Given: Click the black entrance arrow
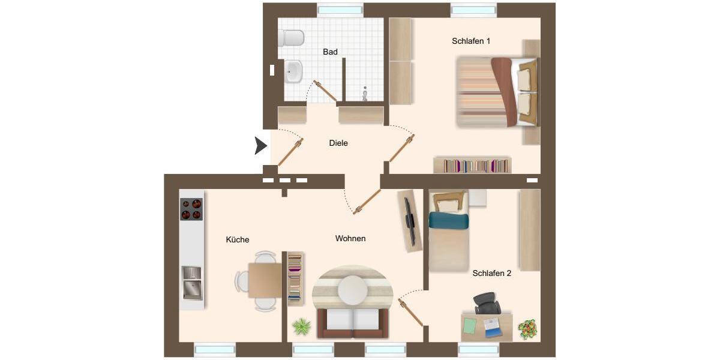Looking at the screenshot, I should point(260,146).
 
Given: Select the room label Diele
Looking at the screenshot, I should point(338,143).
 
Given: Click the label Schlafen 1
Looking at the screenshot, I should point(471,41).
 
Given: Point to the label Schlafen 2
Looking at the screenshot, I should point(491,273).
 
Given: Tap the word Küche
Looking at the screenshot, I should point(238,239).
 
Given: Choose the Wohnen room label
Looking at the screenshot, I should point(350,238).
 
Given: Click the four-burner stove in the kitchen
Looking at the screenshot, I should point(191,209).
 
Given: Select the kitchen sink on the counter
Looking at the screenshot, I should point(191,282).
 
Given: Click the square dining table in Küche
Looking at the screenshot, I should point(265,280).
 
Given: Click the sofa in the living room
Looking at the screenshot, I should point(353,322).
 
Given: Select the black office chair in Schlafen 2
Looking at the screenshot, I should point(487,303).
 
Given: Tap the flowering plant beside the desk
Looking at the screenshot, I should point(527,328).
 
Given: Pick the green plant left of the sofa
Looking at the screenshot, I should point(301,327).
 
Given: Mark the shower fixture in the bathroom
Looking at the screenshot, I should point(365,94).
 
